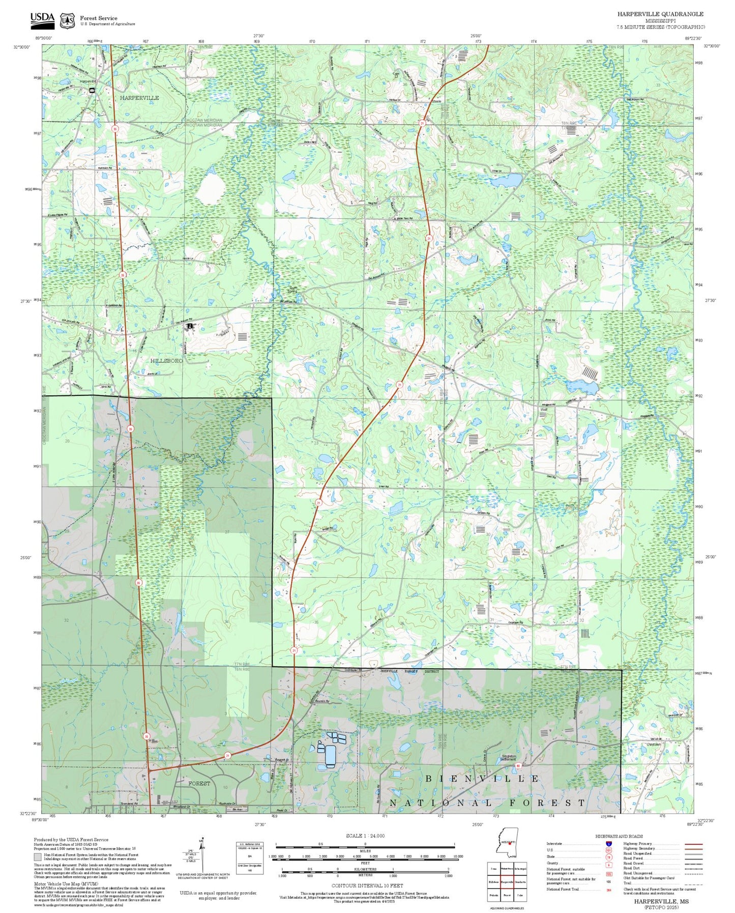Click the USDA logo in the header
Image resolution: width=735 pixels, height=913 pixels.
42,19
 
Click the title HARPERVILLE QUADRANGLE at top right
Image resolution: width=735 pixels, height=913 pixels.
660,14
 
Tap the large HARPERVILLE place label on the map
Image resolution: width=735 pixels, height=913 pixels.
139,98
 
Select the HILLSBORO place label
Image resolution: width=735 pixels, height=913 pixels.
166,360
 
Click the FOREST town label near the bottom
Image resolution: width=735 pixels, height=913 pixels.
199,783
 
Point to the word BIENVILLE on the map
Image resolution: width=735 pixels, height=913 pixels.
482,779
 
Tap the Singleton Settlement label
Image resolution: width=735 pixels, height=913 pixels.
508,758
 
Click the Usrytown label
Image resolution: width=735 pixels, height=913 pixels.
653,745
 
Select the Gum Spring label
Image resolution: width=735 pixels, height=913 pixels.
293,289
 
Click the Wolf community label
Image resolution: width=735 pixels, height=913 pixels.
544,410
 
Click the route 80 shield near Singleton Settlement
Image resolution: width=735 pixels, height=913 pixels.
518,765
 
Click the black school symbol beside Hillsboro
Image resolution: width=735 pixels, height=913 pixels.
190,326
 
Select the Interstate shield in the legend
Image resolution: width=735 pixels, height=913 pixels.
609,844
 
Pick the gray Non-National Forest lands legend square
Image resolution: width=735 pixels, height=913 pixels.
38,856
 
